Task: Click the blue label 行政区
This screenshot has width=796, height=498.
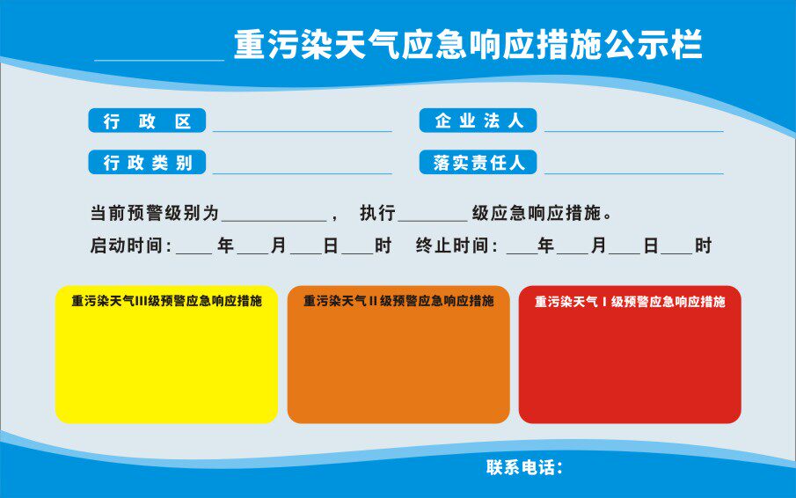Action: (x=147, y=121)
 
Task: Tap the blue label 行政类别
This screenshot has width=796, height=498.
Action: (x=147, y=163)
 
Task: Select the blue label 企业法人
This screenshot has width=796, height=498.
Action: (x=478, y=121)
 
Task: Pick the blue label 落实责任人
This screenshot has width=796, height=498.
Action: (x=478, y=163)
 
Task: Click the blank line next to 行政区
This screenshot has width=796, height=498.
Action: (x=302, y=128)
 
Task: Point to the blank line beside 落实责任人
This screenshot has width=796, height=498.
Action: (x=633, y=172)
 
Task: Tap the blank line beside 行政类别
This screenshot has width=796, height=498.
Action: (x=302, y=172)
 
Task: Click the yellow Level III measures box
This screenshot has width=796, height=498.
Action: (x=166, y=361)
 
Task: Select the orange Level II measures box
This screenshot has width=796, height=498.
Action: (x=398, y=361)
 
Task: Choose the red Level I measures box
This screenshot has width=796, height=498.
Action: (x=630, y=361)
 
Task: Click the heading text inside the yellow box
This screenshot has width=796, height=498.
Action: (x=166, y=301)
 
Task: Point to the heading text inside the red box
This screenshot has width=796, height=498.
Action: (x=630, y=302)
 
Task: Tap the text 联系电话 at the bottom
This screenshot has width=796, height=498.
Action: (x=524, y=467)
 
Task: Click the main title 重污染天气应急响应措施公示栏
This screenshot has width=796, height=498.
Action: (x=468, y=45)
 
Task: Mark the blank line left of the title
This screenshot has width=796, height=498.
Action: (x=158, y=57)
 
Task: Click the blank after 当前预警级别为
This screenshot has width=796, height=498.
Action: (x=274, y=219)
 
